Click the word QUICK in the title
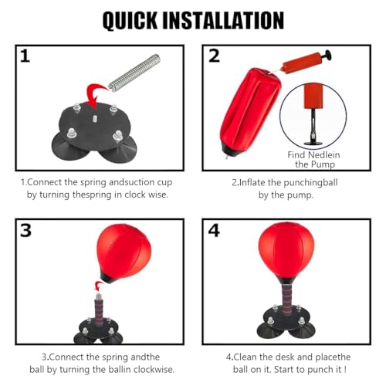pos(130,21)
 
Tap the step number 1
pos(25,56)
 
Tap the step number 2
pos(214,56)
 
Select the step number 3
pos(25,230)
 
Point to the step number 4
pos(214,230)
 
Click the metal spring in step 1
pos(134,73)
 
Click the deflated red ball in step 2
pos(249,113)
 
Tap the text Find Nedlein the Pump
pos(314,160)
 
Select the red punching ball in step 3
pos(124,252)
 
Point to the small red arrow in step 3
pos(98,286)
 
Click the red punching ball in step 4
pos(286,252)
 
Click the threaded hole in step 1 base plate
pos(95,118)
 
